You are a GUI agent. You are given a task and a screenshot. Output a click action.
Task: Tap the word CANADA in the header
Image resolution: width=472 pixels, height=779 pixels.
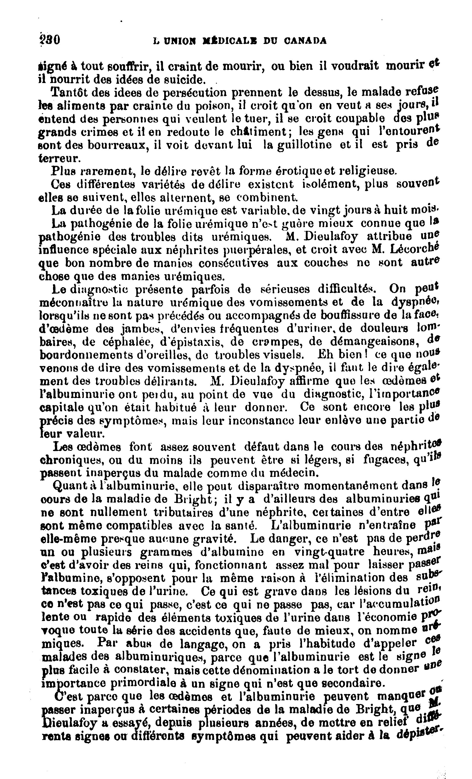pyautogui.click(x=305, y=41)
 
